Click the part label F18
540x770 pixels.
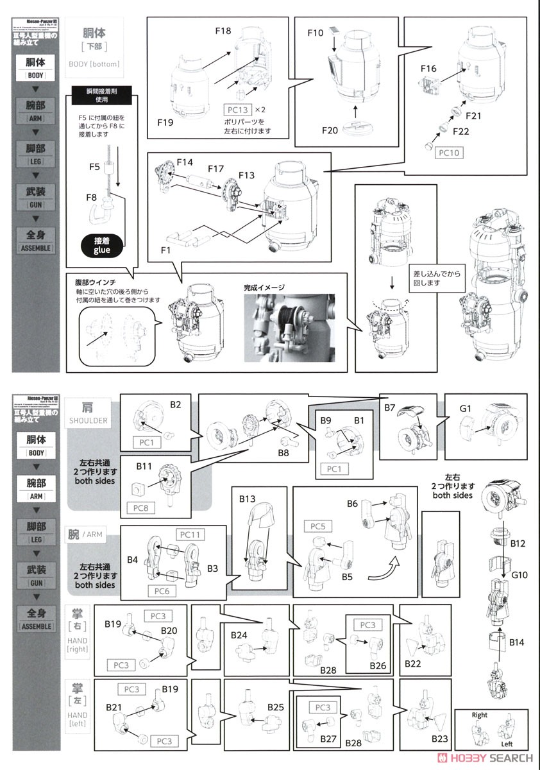point(223,30)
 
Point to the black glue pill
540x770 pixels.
point(102,246)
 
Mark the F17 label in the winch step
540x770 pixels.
point(215,169)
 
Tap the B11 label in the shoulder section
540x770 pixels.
point(144,467)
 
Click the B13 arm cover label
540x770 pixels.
point(248,499)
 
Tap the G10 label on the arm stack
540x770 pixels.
point(519,575)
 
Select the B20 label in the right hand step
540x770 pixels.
point(169,631)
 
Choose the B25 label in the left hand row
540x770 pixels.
point(276,706)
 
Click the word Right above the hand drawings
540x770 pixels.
point(480,715)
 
